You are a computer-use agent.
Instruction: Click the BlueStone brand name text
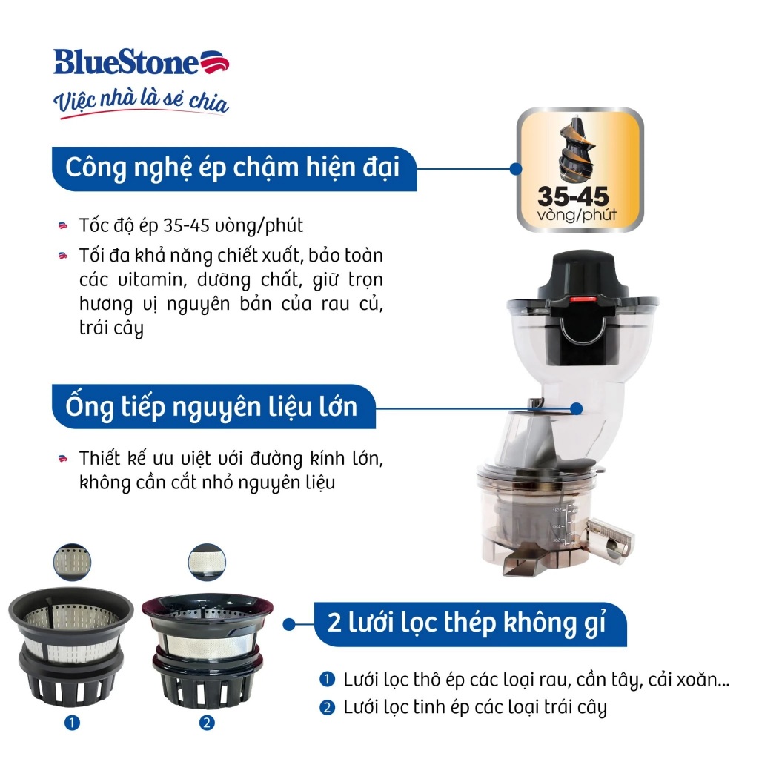coord(126,62)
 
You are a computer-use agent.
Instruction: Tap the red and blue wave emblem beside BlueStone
coord(214,62)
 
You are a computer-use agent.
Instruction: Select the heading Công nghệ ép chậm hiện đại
coord(232,168)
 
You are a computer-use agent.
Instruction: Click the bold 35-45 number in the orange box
coord(574,196)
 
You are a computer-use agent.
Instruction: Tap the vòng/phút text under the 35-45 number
coord(577,215)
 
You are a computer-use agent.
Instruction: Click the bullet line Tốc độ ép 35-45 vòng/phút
coord(191,225)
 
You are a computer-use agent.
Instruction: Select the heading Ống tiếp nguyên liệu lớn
coord(211,407)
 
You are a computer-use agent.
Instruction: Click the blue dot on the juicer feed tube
coord(576,408)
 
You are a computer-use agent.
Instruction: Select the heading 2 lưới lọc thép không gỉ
coord(467,623)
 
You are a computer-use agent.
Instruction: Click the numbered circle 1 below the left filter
coord(72,723)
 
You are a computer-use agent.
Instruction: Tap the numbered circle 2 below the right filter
coord(208,723)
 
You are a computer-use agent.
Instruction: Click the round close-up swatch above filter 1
coord(72,562)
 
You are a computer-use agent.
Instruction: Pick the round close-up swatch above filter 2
coord(207,562)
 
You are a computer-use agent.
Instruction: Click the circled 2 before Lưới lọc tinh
coord(327,708)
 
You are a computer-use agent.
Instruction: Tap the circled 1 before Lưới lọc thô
coord(327,679)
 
